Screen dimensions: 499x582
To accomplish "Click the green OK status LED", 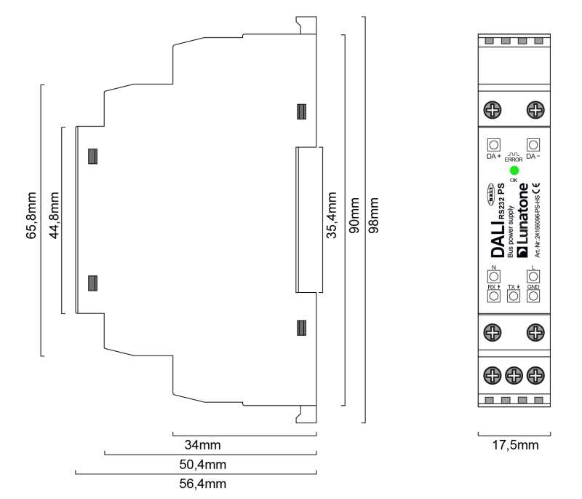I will pyautogui.click(x=514, y=170).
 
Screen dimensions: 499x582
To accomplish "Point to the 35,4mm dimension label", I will pyautogui.click(x=332, y=217).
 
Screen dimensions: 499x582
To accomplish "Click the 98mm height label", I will pyautogui.click(x=376, y=216).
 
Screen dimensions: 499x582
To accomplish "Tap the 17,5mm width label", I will pyautogui.click(x=514, y=444).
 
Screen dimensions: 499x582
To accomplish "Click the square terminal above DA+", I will pyautogui.click(x=493, y=144).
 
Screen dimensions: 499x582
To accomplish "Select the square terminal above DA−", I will pyautogui.click(x=533, y=144).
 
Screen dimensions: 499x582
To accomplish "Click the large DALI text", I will pyautogui.click(x=498, y=238).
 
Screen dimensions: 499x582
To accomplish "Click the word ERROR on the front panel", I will pyautogui.click(x=514, y=159).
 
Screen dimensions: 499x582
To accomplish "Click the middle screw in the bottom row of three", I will pyautogui.click(x=514, y=375).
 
